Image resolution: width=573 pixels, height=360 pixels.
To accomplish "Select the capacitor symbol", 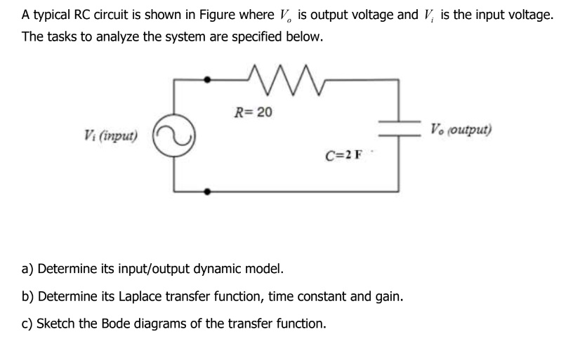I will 399,132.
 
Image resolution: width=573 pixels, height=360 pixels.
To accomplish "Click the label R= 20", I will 254,112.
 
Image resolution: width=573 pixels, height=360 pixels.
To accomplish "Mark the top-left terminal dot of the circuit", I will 206,80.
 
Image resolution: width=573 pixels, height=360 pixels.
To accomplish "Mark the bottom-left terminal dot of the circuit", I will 206,190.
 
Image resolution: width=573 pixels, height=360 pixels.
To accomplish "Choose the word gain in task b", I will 389,295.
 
